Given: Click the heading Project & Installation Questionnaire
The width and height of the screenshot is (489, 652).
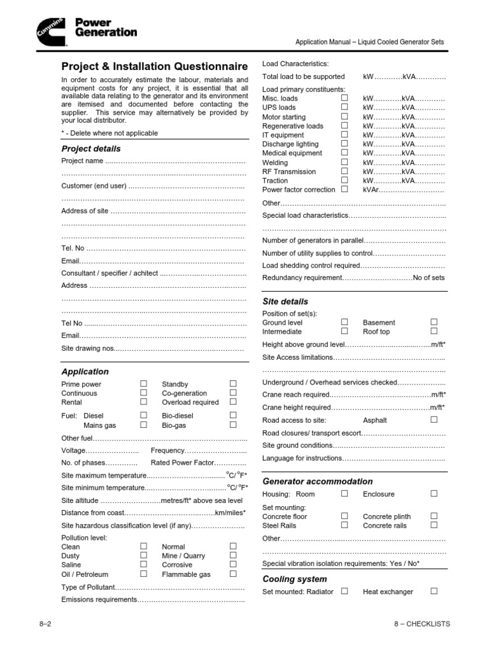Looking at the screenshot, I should coord(155,66).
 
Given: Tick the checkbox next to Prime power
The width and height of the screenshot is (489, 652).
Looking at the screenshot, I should coord(143,383).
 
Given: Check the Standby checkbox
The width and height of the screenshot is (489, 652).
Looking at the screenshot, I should coord(233,383).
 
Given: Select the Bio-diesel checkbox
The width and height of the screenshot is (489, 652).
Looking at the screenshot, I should coord(233,415).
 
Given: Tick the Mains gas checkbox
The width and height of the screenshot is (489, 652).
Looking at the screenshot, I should coord(143,424).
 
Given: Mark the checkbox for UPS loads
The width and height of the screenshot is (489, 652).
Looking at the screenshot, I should coord(344,107).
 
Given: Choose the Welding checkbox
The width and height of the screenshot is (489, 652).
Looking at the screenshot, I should coord(344,162).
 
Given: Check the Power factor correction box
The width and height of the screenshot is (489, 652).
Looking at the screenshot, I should coord(344,189).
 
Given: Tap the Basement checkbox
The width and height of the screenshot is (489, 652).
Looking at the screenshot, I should coord(434,322).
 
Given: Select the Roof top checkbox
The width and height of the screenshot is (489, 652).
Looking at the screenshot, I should coord(434,331).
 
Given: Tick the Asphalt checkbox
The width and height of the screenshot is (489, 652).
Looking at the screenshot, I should coord(434,420).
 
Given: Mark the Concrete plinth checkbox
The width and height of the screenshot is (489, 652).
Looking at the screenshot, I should coord(434,516).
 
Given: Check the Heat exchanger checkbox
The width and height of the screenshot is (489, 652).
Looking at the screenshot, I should coord(434,591).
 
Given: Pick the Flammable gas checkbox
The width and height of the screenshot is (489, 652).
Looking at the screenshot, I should coord(233,574).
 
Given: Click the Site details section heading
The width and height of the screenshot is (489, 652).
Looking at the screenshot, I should coord(285,301).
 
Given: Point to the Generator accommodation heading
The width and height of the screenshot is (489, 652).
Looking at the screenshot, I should coord(318,481).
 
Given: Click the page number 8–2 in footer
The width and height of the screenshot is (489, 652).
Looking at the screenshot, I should coord(45,624).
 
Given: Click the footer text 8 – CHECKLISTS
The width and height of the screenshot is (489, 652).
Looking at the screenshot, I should coord(422,624).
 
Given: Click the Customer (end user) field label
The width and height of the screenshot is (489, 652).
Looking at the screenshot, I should coord(94,187).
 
